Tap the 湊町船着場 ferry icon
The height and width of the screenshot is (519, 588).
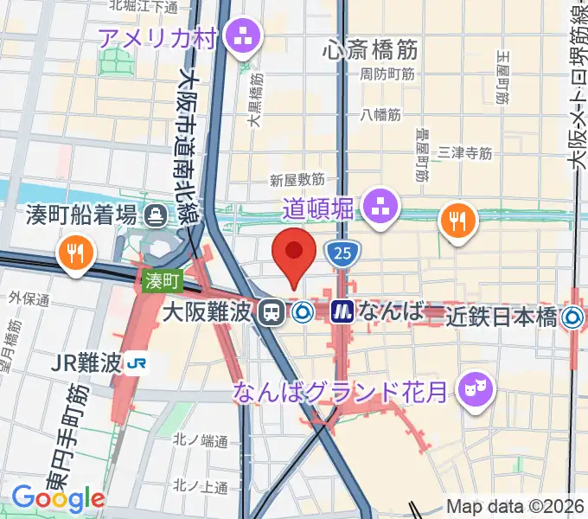[156, 214]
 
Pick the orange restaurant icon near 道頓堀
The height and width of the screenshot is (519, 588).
[457, 221]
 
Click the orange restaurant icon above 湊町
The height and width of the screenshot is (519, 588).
[74, 253]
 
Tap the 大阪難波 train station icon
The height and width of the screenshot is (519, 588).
[272, 312]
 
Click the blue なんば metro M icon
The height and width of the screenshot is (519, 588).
[342, 311]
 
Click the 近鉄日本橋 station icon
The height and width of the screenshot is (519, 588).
[571, 317]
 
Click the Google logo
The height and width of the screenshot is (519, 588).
[58, 497]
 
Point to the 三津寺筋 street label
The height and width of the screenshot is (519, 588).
[465, 152]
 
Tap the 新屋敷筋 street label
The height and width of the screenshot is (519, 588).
[297, 179]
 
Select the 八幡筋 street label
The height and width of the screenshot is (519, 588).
[381, 113]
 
